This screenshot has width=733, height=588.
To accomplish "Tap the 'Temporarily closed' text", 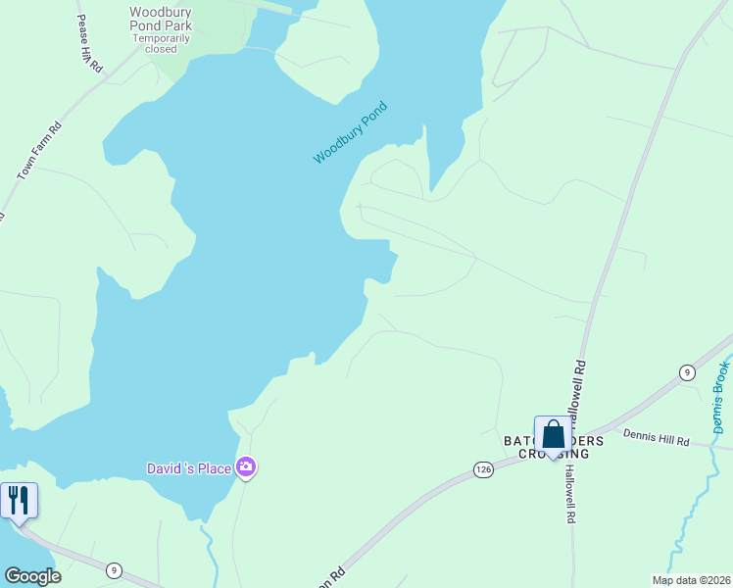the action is pos(161,44).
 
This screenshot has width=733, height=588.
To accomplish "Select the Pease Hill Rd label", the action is pos(90,45).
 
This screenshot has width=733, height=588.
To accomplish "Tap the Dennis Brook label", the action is pos(722,397).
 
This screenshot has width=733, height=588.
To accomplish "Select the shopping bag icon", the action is pos(553,435).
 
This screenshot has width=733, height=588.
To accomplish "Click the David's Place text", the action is pos(189,468).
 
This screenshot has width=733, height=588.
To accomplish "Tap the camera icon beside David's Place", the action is pos(246,468).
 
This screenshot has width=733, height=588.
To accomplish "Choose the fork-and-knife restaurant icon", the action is pos(19,500).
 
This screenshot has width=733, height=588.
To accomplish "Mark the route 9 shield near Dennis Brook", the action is pos(687,371).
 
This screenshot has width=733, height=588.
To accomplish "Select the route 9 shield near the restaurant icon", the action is pos(115,570).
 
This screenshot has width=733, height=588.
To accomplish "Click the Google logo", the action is pos(32,576).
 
